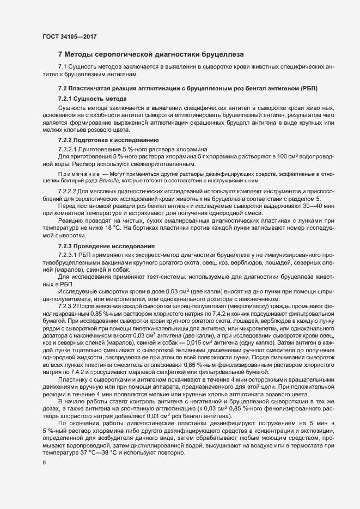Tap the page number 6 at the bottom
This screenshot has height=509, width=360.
click(x=44, y=463)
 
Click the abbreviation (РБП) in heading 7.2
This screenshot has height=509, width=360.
click(x=308, y=88)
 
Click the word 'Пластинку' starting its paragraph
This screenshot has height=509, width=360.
click(x=72, y=379)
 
